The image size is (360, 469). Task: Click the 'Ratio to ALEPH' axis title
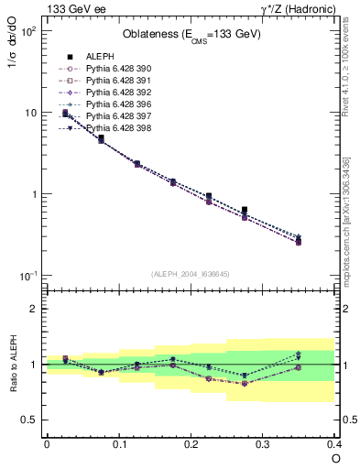tap(14, 365)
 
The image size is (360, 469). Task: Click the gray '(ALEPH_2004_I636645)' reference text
tap(191, 273)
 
